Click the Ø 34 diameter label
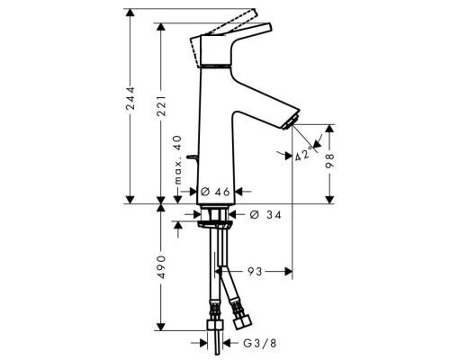[261, 214]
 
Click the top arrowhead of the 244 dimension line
[132, 12]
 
